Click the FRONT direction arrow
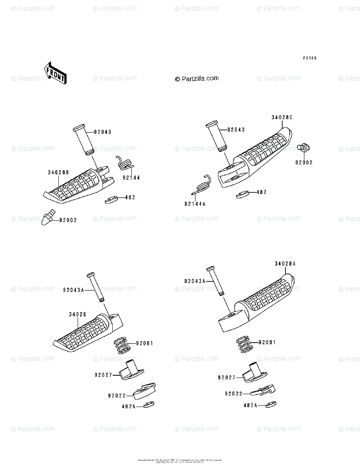(x=55, y=73)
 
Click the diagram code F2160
(x=309, y=58)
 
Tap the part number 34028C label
(x=282, y=117)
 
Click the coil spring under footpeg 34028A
(x=245, y=344)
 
